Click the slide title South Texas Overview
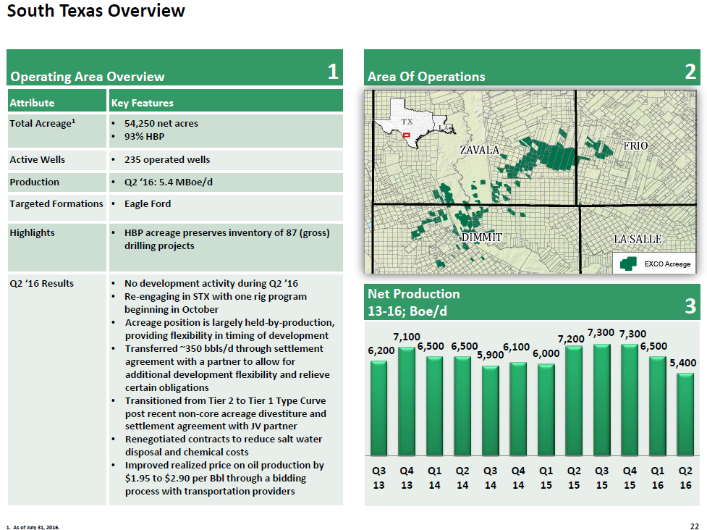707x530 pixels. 96,12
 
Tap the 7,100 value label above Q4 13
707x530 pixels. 407,337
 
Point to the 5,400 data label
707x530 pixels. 682,362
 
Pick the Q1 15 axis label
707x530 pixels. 546,477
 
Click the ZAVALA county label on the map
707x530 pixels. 480,150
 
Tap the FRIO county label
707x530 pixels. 635,146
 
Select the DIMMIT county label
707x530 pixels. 481,237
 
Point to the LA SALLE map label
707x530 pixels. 638,239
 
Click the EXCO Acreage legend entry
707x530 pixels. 657,264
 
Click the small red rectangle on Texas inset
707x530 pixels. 407,135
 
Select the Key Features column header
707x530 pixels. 143,103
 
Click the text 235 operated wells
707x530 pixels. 167,159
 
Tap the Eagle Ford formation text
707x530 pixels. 148,204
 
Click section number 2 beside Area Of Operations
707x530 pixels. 690,71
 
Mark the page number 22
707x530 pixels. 695,525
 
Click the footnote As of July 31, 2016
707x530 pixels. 34,526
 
